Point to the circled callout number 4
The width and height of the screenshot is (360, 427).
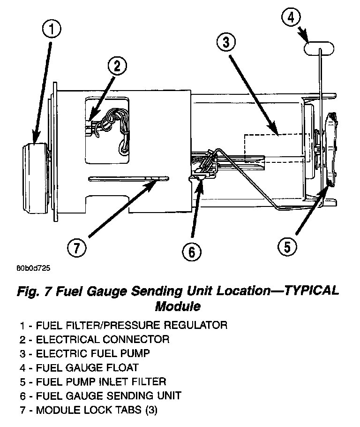click(x=291, y=18)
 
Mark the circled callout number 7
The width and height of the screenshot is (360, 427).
click(x=75, y=247)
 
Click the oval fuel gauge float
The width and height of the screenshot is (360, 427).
click(x=319, y=47)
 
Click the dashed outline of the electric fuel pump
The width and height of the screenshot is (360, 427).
click(x=277, y=148)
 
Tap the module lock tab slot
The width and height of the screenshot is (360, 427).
click(x=129, y=178)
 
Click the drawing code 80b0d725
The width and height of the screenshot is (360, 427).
click(x=33, y=269)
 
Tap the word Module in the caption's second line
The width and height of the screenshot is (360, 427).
click(x=178, y=306)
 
